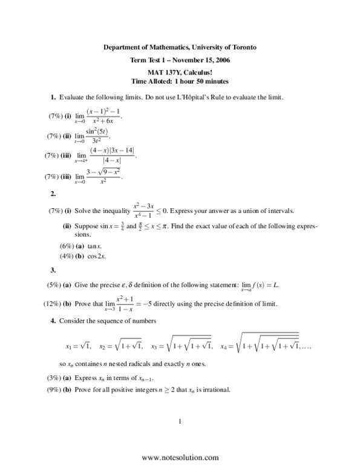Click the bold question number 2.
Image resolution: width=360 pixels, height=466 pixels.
click(53, 194)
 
